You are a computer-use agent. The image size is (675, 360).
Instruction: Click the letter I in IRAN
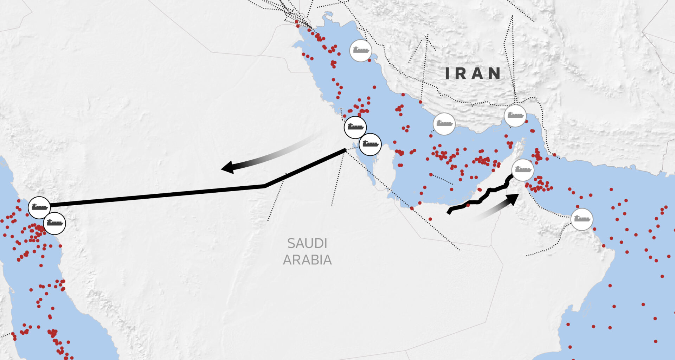tap(448, 73)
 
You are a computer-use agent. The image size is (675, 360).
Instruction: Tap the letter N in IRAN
tap(494, 73)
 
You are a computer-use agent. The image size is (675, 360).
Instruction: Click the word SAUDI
tap(307, 243)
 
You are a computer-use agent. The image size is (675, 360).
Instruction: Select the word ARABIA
tap(307, 260)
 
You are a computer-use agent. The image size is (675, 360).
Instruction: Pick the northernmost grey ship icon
tap(361, 51)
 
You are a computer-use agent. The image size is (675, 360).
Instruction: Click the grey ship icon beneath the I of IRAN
tap(444, 124)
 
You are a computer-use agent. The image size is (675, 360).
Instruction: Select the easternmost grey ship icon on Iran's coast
tap(515, 116)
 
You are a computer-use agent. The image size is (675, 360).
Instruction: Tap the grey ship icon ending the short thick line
tap(523, 170)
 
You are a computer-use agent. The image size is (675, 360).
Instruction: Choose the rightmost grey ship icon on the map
tap(581, 219)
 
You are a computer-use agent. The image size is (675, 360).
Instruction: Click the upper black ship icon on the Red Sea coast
tap(39, 207)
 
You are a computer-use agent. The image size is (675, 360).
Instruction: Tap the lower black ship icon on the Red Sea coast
tap(54, 223)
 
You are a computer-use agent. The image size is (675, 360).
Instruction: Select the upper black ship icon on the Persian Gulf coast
tap(355, 127)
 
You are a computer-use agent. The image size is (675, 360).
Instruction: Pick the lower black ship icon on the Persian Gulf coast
tap(370, 144)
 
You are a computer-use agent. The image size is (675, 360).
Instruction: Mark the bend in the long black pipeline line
tap(265, 186)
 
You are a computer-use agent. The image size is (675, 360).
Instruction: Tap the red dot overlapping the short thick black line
tap(468, 205)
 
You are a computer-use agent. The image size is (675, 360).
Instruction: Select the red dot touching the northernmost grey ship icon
tap(369, 60)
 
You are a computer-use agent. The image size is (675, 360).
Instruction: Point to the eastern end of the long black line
tap(345, 150)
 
